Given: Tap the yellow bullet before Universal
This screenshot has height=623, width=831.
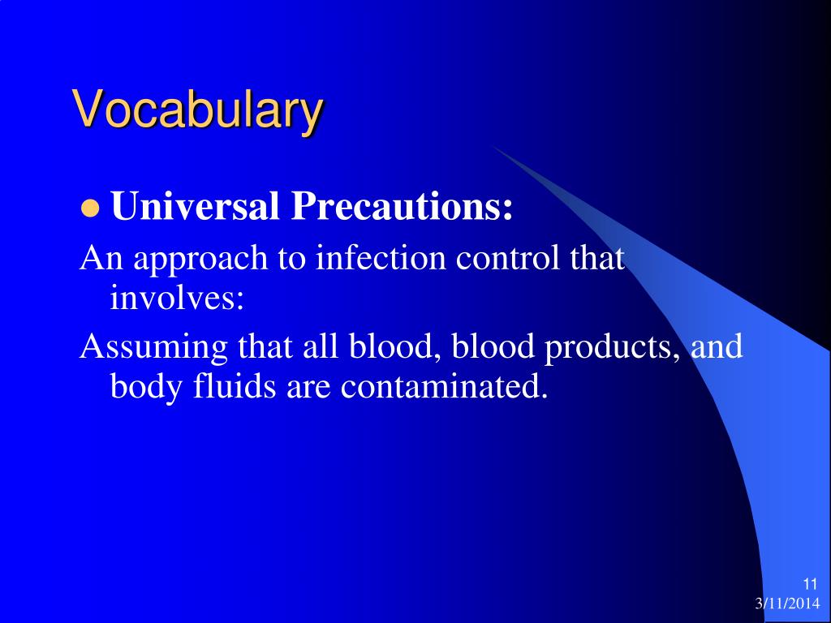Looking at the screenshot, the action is [x=90, y=208].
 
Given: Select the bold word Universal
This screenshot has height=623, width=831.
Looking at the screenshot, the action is [x=195, y=205].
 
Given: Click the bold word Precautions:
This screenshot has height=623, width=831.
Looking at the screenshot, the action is [x=402, y=205].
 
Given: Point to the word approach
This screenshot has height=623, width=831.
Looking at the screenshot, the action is [x=201, y=260].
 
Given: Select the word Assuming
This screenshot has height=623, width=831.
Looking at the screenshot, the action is [x=153, y=348].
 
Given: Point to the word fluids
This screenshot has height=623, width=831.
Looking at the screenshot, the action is [x=235, y=385].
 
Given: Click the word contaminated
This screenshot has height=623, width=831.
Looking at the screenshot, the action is [x=444, y=385].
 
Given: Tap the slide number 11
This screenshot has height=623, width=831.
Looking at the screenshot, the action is [x=811, y=584].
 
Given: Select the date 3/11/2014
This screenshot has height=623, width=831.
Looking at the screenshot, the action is [x=787, y=604].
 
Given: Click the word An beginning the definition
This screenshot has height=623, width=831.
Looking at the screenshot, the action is [x=101, y=257].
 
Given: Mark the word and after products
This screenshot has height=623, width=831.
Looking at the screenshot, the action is [x=717, y=346].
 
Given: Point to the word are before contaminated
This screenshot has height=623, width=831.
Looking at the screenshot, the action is [x=308, y=389].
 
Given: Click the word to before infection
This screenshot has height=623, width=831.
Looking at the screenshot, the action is [x=292, y=260].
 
